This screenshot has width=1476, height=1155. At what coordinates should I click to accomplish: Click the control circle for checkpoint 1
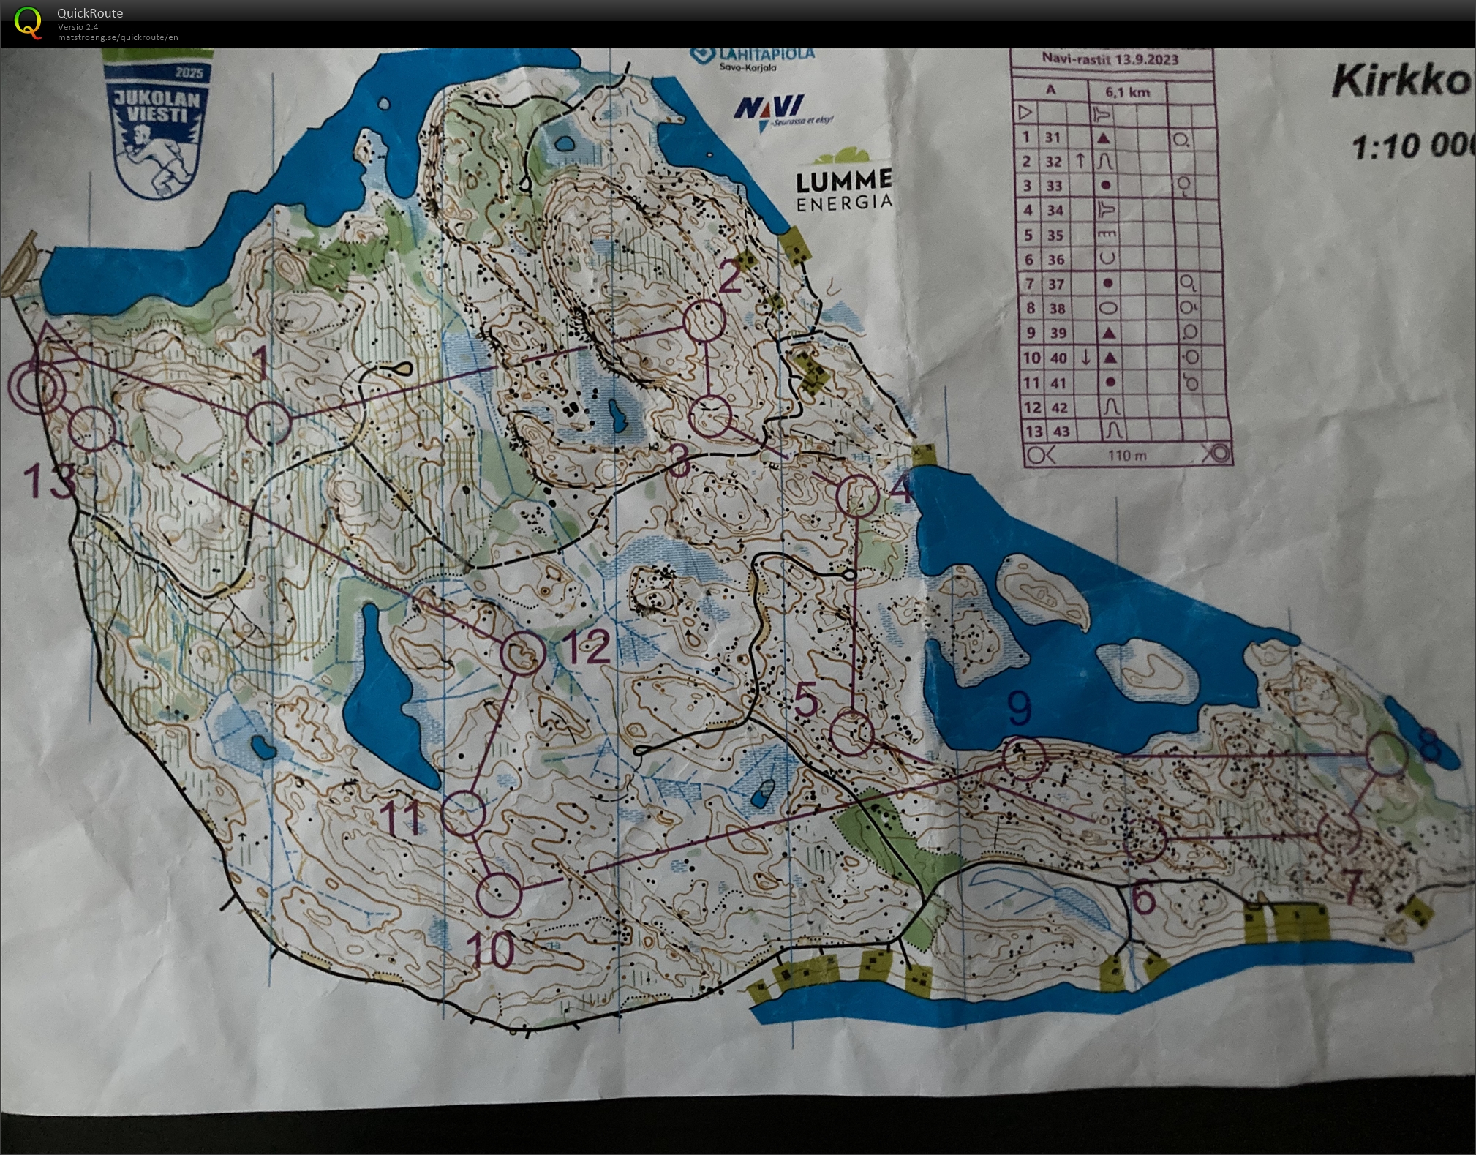coord(269,423)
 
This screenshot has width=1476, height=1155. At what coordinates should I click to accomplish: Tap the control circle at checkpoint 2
coord(704,320)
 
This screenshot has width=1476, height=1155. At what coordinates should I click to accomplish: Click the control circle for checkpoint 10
coord(499,894)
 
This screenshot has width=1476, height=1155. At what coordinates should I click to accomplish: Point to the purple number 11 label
coord(402,817)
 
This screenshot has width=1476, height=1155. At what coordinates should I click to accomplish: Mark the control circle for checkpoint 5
coord(852,733)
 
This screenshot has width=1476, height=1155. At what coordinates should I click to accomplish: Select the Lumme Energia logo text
coord(844,189)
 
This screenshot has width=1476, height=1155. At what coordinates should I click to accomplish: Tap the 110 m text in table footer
coord(1127,456)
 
